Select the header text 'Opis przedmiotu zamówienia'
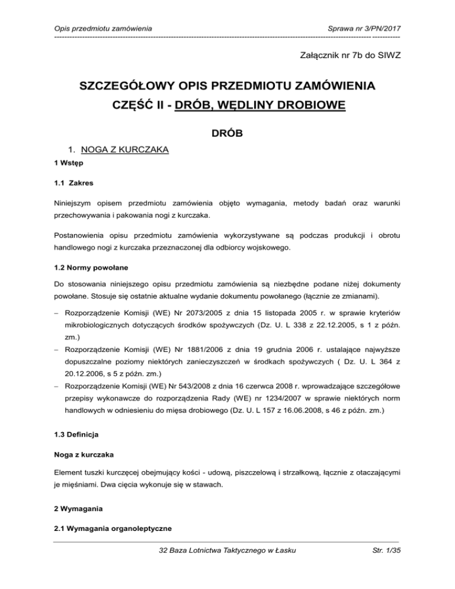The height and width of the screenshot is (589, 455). click(101, 27)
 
